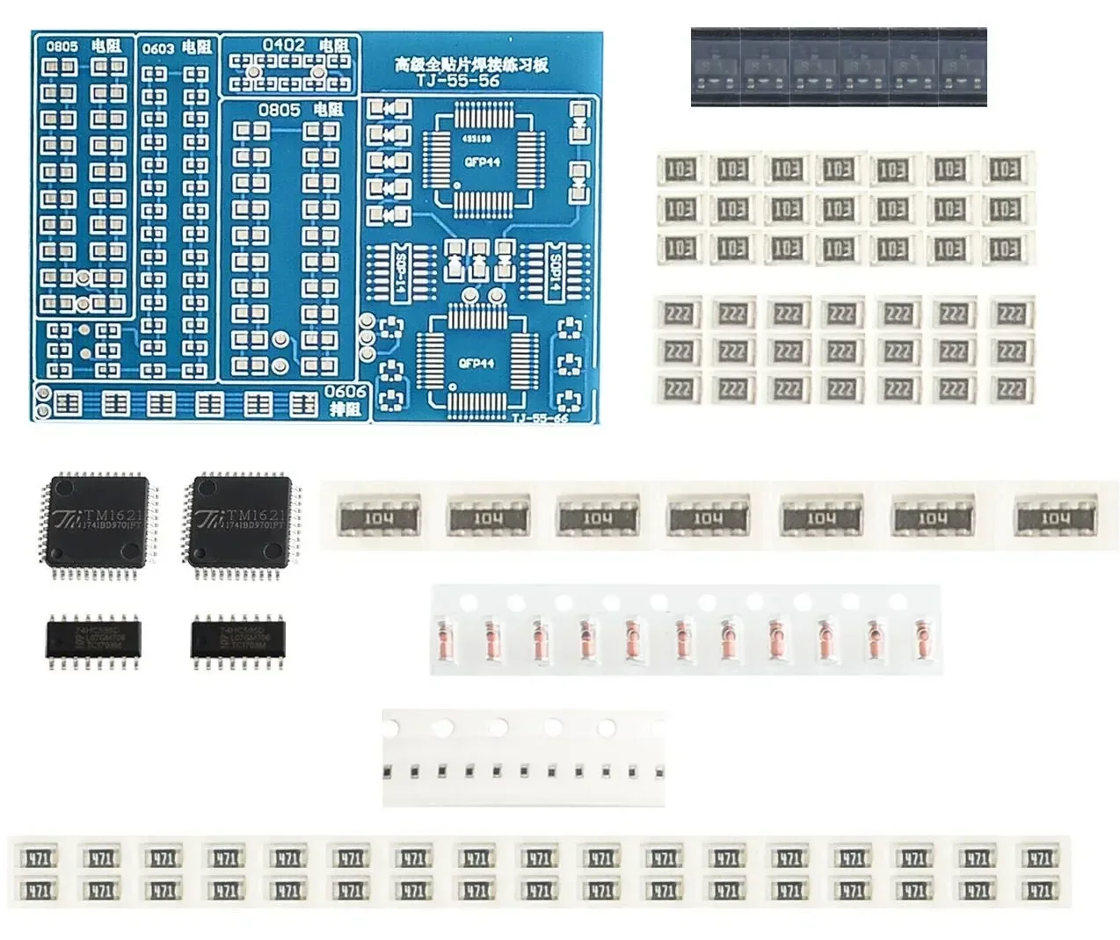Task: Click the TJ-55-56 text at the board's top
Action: point(458,80)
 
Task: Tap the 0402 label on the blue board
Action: point(283,45)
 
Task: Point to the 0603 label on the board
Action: point(158,48)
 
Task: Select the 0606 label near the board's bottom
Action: point(345,392)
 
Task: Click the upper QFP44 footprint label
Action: point(482,163)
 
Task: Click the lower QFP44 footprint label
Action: point(476,363)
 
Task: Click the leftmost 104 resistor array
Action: point(378,518)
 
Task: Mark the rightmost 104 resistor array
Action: point(1056,518)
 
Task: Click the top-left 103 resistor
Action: point(680,169)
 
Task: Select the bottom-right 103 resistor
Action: point(1005,249)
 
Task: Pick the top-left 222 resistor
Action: point(679,314)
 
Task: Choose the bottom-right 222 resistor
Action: point(1011,388)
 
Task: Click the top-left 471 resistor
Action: point(39,858)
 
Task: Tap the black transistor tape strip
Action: point(838,68)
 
